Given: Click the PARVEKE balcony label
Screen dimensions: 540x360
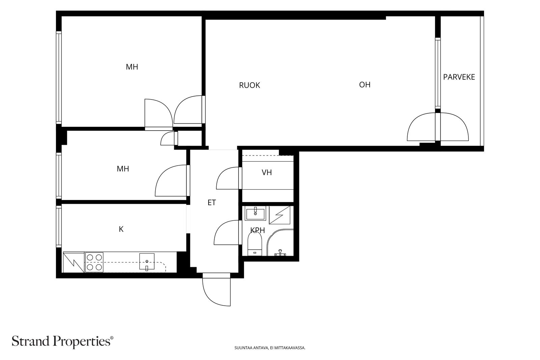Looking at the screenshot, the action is tap(459, 77).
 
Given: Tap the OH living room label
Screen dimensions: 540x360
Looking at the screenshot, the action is tap(365, 85).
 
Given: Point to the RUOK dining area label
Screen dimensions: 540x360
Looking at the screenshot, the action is tap(249, 85).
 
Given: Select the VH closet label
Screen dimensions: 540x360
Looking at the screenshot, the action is tap(267, 172).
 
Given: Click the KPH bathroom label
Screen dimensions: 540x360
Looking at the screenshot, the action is tap(258, 230).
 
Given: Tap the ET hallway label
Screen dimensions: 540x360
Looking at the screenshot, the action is tap(212, 203).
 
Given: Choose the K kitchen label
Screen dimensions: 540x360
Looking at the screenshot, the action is tap(121, 229).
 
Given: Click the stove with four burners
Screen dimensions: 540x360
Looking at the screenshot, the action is tap(94, 262).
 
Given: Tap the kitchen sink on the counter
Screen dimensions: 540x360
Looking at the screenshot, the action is tap(147, 262).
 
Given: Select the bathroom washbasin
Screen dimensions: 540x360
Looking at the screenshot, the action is tap(255, 213).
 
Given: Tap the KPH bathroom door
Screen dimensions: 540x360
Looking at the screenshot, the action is tap(228, 232).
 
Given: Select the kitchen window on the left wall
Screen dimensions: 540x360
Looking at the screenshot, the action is tap(59, 226).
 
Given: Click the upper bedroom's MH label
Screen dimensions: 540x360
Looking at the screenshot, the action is tap(132, 67).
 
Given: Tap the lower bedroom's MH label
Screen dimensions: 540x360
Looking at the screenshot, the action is tap(123, 169).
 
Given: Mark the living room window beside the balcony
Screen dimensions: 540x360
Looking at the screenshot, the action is tap(438, 73).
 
